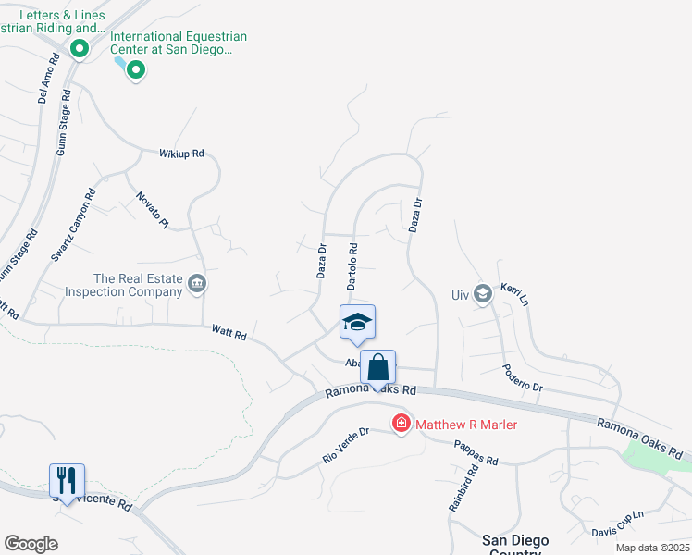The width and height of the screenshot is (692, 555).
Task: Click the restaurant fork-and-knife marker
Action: (x=67, y=480)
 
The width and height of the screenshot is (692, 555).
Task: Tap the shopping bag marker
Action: (x=378, y=367)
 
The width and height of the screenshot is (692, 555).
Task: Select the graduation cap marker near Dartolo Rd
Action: (x=358, y=322)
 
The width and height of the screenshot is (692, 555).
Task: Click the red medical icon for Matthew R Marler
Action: (x=402, y=424)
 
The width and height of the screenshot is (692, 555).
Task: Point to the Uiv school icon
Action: (x=481, y=294)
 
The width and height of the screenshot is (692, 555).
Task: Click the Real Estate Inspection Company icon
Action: (x=196, y=283)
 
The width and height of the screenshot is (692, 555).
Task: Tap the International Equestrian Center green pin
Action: (x=136, y=69)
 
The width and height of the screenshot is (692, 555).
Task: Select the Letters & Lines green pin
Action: (x=80, y=49)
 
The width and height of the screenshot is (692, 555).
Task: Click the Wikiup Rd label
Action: (x=180, y=154)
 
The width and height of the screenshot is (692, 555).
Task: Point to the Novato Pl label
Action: (x=153, y=209)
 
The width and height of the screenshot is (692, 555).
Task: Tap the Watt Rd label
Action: (x=229, y=332)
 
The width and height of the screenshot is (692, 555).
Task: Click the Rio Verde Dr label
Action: (x=345, y=445)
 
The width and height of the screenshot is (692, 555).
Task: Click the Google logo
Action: (x=31, y=543)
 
